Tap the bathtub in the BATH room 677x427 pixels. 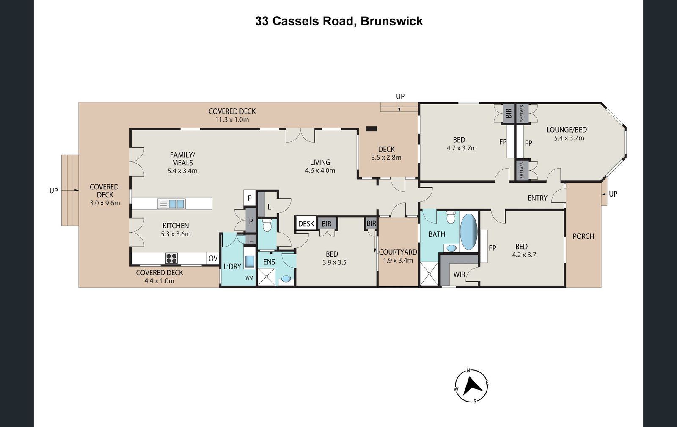click(468, 232)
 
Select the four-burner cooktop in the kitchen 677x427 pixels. click(171, 258)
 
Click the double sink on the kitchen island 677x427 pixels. click(176, 204)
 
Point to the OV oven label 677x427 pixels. click(213, 258)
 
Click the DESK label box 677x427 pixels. click(306, 223)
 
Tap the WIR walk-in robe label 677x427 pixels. click(459, 274)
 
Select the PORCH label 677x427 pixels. click(583, 236)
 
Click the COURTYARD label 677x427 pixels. click(398, 252)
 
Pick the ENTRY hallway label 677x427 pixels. click(537, 198)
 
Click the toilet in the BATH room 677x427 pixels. click(451, 217)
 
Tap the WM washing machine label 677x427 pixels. click(249, 278)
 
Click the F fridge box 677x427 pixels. click(250, 198)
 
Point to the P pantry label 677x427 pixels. click(251, 222)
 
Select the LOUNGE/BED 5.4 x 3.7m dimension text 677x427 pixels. click(569, 138)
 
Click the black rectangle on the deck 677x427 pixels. click(372, 129)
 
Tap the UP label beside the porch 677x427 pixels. click(613, 194)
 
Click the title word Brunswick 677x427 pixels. click(392, 21)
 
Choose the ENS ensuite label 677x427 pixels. click(269, 262)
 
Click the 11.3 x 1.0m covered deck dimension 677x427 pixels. click(232, 119)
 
